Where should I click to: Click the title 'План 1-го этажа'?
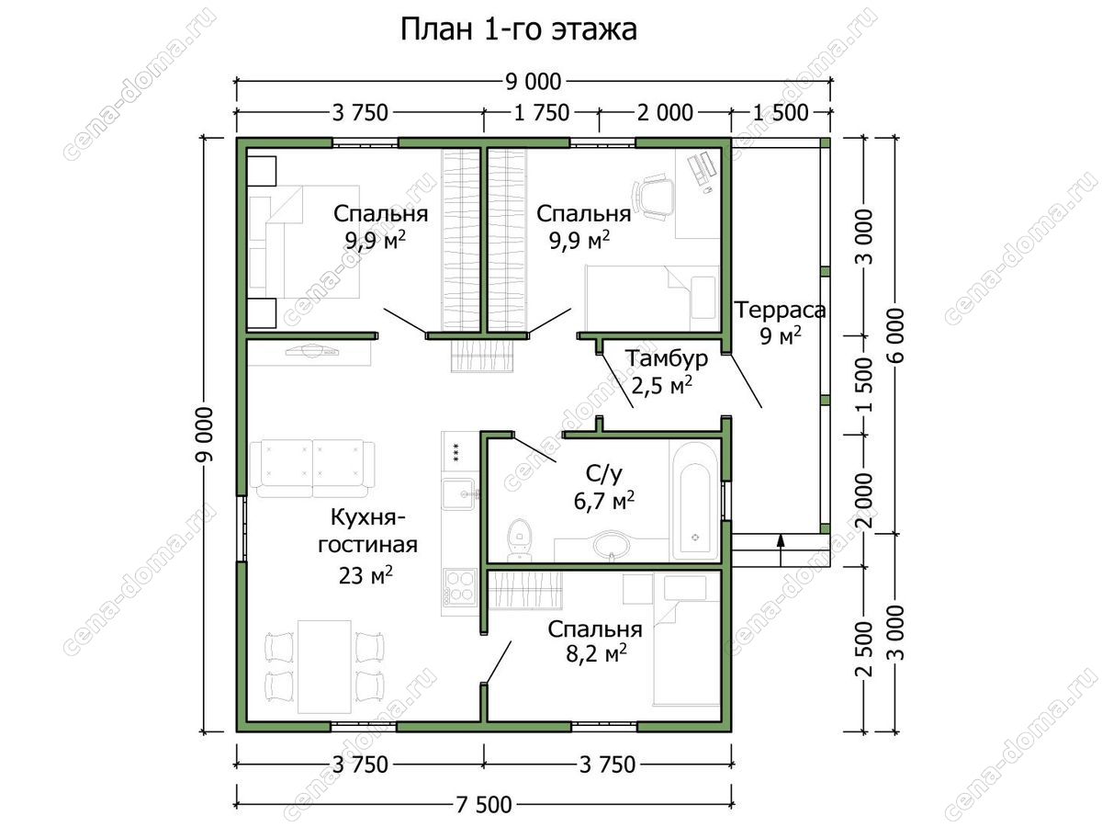click(519, 30)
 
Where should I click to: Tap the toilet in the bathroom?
click(519, 539)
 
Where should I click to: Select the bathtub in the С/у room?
click(694, 501)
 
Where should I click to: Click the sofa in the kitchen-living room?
click(311, 469)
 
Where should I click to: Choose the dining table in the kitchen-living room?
click(324, 666)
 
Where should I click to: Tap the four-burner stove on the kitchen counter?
click(459, 586)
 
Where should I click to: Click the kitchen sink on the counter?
click(458, 494)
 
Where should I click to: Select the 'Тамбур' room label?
click(667, 358)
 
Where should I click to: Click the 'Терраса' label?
click(781, 311)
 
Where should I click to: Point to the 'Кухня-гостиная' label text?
click(367, 531)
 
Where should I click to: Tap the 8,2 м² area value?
click(596, 654)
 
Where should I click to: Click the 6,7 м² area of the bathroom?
click(604, 501)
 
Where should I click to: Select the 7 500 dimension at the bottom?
click(484, 805)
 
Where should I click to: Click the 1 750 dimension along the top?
click(542, 113)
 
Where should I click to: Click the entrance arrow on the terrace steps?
click(781, 550)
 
